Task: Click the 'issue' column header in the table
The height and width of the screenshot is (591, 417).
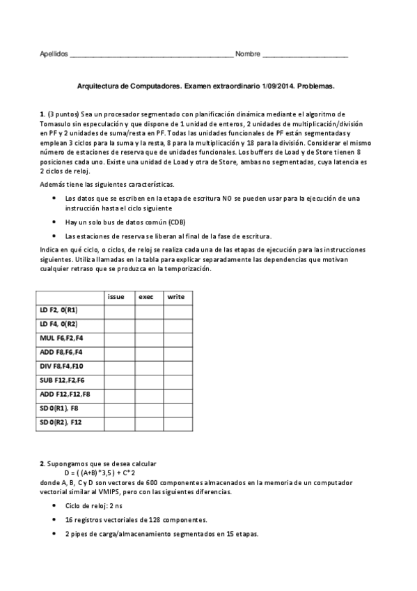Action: (116, 296)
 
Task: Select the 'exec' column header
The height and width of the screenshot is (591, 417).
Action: (145, 296)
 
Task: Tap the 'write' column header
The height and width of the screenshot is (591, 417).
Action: (175, 296)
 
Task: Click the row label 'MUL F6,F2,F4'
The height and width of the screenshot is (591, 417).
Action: (62, 338)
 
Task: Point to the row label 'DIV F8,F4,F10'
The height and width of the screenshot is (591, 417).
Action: (63, 366)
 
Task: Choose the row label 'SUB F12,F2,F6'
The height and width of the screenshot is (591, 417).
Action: (63, 380)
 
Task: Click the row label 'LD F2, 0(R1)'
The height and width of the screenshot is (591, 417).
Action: (59, 310)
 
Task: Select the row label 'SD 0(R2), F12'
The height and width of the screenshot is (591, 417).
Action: (61, 422)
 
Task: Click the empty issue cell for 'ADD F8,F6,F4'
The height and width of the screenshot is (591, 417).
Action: (119, 352)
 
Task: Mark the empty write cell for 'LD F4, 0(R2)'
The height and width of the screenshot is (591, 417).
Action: (178, 324)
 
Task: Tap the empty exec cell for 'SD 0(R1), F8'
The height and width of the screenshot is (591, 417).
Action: (148, 408)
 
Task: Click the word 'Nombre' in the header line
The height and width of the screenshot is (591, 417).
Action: (247, 54)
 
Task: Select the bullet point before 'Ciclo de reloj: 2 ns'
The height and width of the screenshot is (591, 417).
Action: (56, 505)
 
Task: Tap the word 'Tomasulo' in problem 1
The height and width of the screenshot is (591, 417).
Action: (59, 123)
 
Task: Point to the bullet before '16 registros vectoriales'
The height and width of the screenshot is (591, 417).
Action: (56, 520)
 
